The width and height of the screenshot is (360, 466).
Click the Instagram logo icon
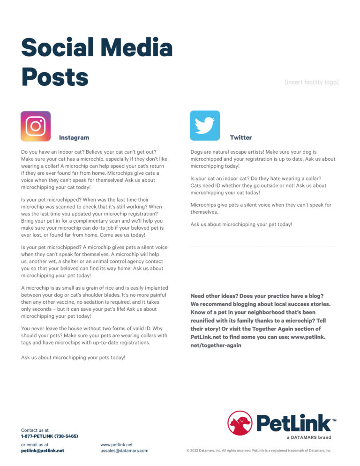click(x=36, y=126)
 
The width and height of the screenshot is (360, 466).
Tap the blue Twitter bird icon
click(x=205, y=126)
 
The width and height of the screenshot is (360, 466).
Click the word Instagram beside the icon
click(x=74, y=138)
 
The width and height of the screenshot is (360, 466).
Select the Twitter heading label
click(x=241, y=138)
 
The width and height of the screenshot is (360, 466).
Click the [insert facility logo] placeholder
click(x=311, y=83)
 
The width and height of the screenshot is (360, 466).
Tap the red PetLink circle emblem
click(x=240, y=423)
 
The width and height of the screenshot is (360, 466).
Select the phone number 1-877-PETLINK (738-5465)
click(x=50, y=436)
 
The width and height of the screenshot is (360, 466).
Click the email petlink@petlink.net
click(x=43, y=451)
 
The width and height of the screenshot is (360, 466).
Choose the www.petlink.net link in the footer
click(x=117, y=444)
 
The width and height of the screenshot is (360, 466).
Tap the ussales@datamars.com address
click(x=124, y=451)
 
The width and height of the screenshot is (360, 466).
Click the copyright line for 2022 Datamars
click(x=259, y=451)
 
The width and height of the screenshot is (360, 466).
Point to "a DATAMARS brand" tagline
click(x=308, y=437)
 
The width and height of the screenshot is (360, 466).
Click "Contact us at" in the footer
click(x=35, y=430)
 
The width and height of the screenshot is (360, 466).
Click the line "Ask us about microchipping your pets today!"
click(x=73, y=357)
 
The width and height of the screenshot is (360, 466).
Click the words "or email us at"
click(x=35, y=444)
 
